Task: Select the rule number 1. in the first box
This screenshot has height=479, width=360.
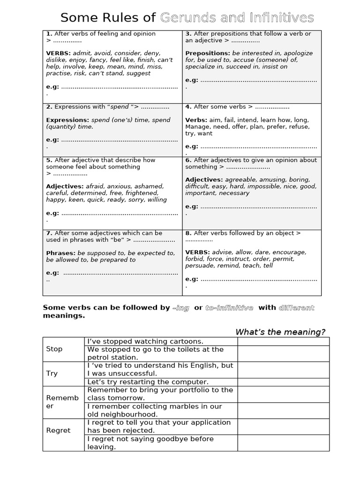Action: coord(49,34)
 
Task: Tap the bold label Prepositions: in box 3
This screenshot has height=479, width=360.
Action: coord(208,53)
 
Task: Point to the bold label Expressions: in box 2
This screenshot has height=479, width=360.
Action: coord(67,120)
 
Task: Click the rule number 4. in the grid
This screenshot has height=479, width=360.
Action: coord(188,107)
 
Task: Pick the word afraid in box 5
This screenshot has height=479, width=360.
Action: coord(96,187)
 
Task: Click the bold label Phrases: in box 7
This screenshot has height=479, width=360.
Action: coord(60,253)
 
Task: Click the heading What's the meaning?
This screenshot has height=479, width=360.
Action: coord(280,332)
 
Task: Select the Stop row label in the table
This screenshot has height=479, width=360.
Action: coord(54,349)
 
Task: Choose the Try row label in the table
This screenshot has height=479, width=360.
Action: coord(52,373)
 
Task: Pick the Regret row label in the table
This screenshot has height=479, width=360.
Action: coord(58,430)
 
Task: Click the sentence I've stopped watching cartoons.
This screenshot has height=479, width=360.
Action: coord(145,341)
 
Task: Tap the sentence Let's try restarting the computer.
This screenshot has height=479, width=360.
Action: coord(148,382)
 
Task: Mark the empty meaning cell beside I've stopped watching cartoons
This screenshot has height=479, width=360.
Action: coord(283,341)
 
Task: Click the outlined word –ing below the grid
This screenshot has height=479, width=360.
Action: coord(181,308)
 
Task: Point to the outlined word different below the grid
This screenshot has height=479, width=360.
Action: coord(296,308)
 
